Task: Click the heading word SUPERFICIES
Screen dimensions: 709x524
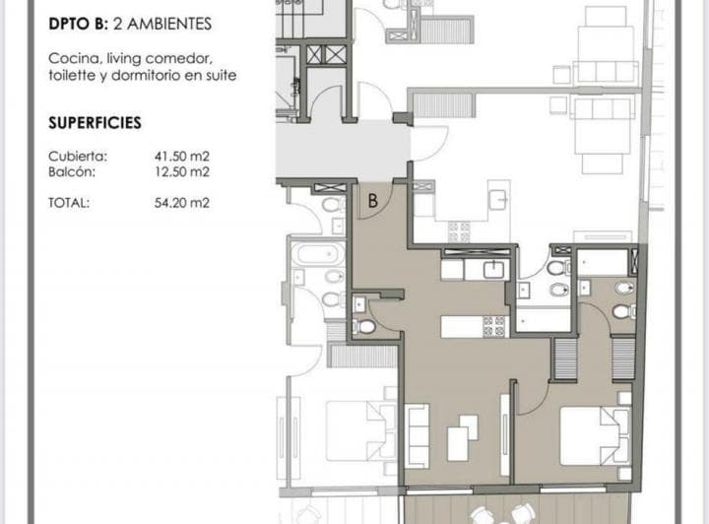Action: pos(95,123)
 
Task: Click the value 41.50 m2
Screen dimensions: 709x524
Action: pos(182,157)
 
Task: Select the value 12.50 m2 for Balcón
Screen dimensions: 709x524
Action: pos(182,171)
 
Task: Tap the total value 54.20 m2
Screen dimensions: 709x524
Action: pos(182,203)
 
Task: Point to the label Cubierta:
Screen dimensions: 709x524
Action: pos(78,157)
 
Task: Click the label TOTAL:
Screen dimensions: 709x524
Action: pos(69,203)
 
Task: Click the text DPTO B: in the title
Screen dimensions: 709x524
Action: pos(78,24)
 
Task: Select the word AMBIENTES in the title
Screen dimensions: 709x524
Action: pos(169,24)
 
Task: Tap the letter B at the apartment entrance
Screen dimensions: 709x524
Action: pos(372,200)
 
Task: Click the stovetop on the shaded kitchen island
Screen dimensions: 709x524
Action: pos(493,326)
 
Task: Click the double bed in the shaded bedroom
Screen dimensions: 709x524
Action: pos(595,435)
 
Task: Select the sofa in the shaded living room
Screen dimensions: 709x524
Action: pos(418,435)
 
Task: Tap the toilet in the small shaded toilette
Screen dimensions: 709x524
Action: pos(364,327)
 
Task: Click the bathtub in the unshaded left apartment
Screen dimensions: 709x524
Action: pos(319,254)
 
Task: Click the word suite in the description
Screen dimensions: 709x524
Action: pos(222,76)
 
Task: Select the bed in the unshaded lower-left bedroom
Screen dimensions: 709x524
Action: pos(360,430)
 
